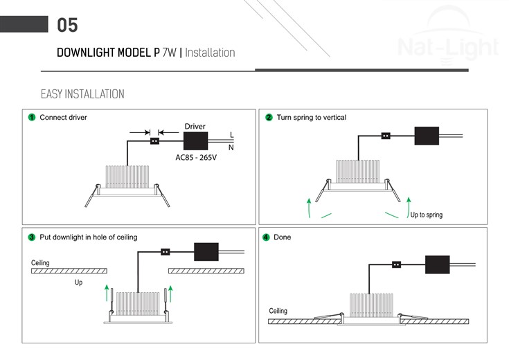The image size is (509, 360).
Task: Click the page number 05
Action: (67, 26)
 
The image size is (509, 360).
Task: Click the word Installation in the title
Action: (210, 53)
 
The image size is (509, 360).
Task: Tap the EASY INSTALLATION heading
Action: (82, 94)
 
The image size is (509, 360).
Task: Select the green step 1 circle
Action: (32, 118)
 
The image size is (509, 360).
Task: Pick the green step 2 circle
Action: (269, 118)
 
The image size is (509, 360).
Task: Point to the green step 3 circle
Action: (32, 237)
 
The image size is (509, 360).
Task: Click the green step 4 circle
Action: (266, 237)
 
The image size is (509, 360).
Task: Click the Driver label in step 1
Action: (195, 127)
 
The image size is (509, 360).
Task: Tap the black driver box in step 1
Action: (197, 141)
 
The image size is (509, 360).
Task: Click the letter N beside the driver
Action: (231, 147)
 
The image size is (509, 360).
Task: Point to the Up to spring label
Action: (426, 215)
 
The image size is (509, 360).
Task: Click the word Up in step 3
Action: (78, 282)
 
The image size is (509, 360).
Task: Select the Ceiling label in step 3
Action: (40, 263)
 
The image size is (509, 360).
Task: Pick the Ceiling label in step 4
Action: (278, 311)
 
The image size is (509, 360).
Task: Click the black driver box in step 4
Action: (437, 265)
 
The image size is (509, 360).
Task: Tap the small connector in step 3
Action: (166, 252)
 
